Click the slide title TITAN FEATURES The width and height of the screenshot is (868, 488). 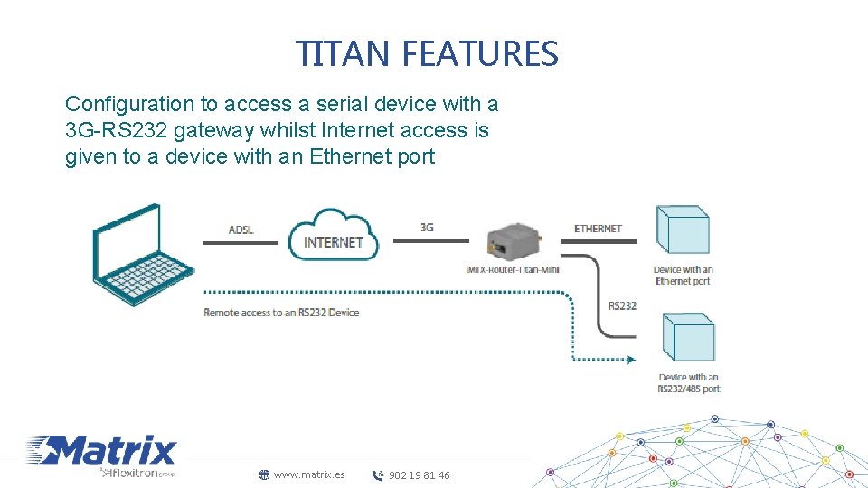[x=428, y=54]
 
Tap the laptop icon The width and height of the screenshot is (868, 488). [x=142, y=255]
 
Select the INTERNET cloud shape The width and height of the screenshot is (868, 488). [x=334, y=236]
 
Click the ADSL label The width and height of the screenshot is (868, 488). [x=241, y=230]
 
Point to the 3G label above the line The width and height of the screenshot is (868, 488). [x=427, y=228]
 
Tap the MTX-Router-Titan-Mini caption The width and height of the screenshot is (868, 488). [x=513, y=269]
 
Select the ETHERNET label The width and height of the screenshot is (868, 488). [x=598, y=229]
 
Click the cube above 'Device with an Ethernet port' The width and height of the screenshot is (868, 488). [x=682, y=230]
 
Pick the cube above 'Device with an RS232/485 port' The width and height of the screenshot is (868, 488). [x=688, y=338]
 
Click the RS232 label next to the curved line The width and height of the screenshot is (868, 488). [x=622, y=306]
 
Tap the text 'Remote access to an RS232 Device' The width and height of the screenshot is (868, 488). [x=281, y=313]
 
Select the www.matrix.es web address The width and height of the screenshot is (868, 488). [x=309, y=474]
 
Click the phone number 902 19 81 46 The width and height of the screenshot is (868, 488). [x=419, y=475]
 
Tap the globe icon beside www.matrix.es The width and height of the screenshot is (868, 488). [x=265, y=474]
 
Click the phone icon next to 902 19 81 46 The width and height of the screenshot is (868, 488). [x=379, y=475]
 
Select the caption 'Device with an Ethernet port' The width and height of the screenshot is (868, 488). [x=683, y=275]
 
